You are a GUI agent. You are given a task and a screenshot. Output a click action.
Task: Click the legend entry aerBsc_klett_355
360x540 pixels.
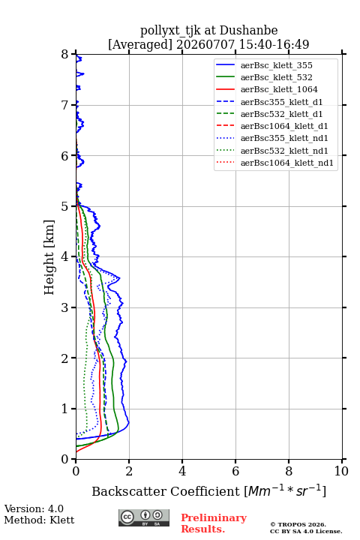(x=276, y=65)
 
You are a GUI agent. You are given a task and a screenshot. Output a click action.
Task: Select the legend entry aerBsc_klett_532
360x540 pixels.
(x=276, y=77)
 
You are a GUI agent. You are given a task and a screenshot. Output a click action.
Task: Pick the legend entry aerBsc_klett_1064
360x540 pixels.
(x=279, y=89)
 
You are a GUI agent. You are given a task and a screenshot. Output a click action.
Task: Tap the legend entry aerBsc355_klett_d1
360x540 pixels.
(x=281, y=102)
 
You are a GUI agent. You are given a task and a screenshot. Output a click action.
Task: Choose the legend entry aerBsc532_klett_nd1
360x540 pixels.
(x=284, y=151)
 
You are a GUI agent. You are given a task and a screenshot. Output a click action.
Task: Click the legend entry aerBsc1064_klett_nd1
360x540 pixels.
(x=287, y=163)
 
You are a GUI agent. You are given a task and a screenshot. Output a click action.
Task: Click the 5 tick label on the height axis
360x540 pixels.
(x=65, y=206)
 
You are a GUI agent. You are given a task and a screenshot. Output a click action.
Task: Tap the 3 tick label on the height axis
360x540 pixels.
(x=65, y=307)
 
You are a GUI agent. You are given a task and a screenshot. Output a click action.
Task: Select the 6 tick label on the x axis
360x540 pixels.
(x=235, y=471)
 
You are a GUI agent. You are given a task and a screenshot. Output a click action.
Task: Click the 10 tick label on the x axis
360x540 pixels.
(x=341, y=471)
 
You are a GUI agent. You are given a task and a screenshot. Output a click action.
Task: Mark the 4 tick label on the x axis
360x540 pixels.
(x=182, y=471)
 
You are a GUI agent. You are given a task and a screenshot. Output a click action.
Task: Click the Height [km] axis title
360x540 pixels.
(x=49, y=257)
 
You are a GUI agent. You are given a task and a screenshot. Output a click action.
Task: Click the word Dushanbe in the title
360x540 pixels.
(x=249, y=31)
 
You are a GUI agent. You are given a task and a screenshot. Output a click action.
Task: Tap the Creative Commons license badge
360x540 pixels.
(x=144, y=518)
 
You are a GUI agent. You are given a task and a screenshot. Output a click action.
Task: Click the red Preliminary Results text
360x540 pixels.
(x=214, y=523)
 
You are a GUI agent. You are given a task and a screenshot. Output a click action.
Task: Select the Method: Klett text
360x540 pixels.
(x=39, y=520)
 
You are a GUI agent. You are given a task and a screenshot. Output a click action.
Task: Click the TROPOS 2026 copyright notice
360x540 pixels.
(x=298, y=524)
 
